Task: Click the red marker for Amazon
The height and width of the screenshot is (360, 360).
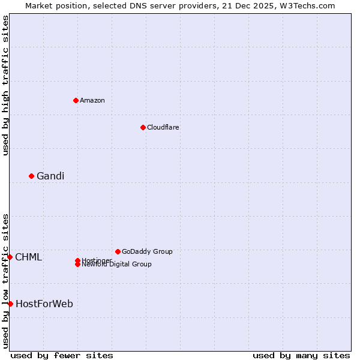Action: click(x=76, y=100)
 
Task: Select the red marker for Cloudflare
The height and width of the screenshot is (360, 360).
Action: click(x=143, y=127)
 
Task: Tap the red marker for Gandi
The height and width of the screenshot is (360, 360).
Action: click(x=31, y=176)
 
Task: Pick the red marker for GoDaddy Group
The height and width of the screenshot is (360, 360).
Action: click(x=118, y=251)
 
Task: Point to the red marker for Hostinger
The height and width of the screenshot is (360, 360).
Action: click(x=77, y=260)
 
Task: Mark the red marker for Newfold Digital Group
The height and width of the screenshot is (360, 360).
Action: click(x=77, y=264)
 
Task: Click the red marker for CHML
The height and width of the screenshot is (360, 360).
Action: click(x=10, y=257)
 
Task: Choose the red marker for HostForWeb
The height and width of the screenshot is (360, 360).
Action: click(x=10, y=304)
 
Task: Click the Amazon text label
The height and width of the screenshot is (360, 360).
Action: click(x=92, y=100)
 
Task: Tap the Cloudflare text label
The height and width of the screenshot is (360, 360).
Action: click(x=163, y=127)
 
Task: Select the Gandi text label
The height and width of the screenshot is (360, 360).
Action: click(x=50, y=176)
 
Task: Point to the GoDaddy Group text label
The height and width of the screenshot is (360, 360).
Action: click(x=147, y=251)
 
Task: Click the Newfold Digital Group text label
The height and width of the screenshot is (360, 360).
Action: click(x=117, y=265)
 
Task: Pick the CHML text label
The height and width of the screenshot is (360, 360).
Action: click(x=29, y=257)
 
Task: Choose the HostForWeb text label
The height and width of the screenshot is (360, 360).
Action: click(x=44, y=304)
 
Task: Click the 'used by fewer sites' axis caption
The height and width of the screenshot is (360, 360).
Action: click(x=62, y=355)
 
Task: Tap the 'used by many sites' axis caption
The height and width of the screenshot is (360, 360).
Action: click(x=301, y=355)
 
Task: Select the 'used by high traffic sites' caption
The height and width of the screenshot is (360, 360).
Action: click(x=5, y=85)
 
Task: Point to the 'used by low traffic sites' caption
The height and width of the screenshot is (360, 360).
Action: click(x=5, y=280)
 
